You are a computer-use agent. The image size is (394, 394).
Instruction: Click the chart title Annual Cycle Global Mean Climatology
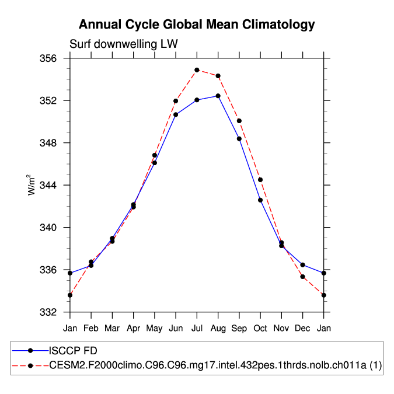click(x=197, y=25)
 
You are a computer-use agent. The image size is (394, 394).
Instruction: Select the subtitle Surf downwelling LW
click(x=123, y=44)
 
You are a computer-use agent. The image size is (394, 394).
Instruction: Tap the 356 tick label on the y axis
click(x=49, y=59)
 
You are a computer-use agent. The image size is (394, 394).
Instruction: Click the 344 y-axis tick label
click(x=49, y=185)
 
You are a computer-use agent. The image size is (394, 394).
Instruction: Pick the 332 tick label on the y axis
click(x=49, y=312)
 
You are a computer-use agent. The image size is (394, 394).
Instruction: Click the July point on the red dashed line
click(x=197, y=70)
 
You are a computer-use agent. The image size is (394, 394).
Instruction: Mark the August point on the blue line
click(x=218, y=96)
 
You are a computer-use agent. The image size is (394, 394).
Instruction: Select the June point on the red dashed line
click(x=176, y=101)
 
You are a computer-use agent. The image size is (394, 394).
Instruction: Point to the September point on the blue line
click(x=239, y=138)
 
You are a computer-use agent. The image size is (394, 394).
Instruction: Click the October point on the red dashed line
click(x=260, y=180)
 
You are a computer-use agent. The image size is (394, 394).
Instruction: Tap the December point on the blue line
click(x=302, y=265)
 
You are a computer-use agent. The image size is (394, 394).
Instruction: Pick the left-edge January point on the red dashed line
click(x=70, y=295)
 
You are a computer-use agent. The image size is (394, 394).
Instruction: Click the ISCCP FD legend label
click(x=74, y=351)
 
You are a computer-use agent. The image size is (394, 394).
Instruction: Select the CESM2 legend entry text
click(x=217, y=365)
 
